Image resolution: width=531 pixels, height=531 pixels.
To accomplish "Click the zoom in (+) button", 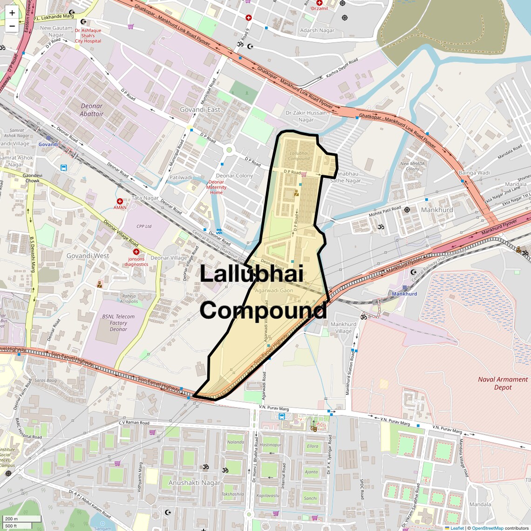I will (12, 13).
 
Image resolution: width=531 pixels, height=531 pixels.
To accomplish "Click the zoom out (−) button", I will (12, 26).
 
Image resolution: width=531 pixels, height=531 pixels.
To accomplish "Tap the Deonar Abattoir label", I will (91, 110).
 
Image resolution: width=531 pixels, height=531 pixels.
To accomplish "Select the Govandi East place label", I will (200, 109).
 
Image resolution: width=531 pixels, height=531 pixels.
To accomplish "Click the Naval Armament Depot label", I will (503, 383).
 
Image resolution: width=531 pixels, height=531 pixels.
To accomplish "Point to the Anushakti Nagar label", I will (194, 483).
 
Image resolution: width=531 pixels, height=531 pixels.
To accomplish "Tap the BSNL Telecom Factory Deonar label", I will (118, 323).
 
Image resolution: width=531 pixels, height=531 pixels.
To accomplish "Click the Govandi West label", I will (88, 256).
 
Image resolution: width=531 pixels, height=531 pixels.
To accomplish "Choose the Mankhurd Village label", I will (343, 327).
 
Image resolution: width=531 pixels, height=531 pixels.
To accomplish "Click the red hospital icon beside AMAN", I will (120, 201).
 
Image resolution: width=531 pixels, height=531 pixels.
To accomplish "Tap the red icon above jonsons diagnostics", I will (136, 252).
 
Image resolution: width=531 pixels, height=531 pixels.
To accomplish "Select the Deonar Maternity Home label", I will (216, 187).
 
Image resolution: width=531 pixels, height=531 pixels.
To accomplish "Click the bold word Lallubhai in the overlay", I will (251, 274).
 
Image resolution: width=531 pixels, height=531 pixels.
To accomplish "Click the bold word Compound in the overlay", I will (263, 310).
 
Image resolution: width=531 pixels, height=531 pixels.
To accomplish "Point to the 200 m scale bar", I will (22, 519).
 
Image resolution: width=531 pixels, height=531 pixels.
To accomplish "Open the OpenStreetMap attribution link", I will (488, 528).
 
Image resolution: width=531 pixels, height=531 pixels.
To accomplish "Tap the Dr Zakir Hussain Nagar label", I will (306, 116).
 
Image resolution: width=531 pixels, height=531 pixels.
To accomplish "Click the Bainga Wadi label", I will (474, 173).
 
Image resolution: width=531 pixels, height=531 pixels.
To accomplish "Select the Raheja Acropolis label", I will (129, 299).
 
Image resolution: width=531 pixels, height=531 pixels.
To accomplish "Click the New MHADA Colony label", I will (412, 166).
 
